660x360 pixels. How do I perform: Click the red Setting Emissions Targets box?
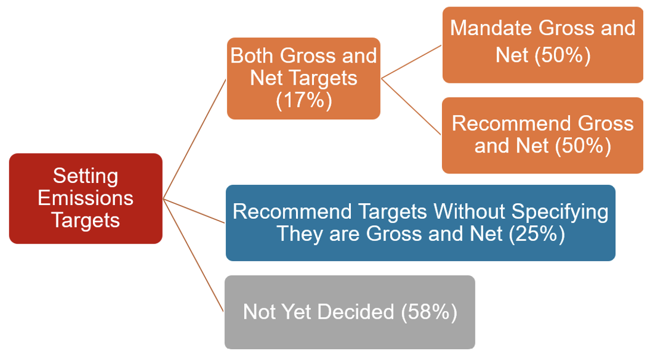86,198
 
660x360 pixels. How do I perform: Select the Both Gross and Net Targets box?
303,78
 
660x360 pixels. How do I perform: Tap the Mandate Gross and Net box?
543,45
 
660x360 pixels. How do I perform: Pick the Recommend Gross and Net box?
543,135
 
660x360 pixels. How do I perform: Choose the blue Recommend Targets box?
421,223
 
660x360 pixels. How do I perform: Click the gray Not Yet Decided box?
350,312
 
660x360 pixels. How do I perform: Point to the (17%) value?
304,101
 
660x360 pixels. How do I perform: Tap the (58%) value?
429,312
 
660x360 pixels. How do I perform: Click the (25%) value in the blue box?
537,234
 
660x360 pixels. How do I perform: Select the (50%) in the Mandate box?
562,55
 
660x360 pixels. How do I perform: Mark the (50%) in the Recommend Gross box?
583,146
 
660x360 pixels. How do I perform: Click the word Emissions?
85,198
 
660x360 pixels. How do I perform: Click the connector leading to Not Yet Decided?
194,256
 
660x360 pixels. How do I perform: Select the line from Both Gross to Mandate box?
411,62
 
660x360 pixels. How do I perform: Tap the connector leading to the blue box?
194,211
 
